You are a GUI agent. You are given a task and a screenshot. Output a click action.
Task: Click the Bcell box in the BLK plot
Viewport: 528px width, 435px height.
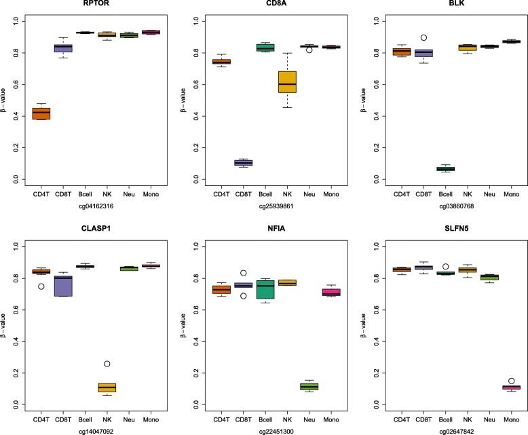[455, 168]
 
